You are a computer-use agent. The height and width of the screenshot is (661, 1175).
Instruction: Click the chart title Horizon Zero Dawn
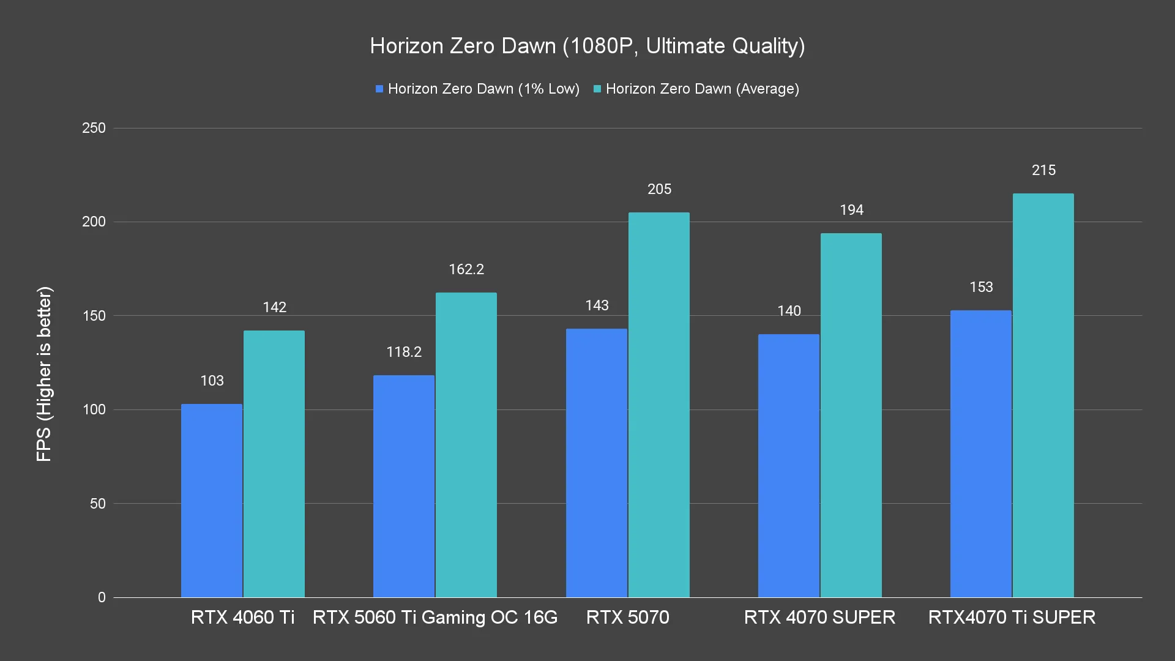(x=587, y=46)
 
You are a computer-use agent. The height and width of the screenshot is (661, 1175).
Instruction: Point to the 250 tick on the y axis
(x=94, y=129)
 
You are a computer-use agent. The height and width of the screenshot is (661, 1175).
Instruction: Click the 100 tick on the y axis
(x=94, y=410)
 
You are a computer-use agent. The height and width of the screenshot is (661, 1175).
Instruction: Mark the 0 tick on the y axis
(x=102, y=598)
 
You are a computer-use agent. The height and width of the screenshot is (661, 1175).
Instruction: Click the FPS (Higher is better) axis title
(x=44, y=374)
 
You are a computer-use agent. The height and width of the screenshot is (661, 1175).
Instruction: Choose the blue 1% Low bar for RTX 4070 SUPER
(x=788, y=466)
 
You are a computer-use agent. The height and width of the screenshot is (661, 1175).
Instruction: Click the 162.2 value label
(x=466, y=270)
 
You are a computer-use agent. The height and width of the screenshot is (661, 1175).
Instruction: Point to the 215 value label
(x=1043, y=171)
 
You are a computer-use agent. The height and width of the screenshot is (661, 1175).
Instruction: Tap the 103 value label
(x=212, y=381)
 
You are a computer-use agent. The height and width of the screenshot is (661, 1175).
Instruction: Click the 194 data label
(x=851, y=211)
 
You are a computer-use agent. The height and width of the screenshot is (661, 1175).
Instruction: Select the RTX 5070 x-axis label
(x=627, y=618)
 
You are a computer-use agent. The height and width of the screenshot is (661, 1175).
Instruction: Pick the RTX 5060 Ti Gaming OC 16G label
(x=435, y=618)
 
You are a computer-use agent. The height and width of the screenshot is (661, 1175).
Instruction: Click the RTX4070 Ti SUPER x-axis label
(x=1012, y=618)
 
